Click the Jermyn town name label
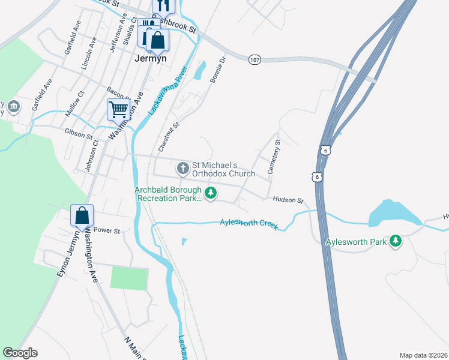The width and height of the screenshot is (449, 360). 149,58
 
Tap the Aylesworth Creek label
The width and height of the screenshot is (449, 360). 249,223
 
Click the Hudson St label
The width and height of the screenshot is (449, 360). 288,200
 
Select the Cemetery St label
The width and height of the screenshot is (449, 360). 274,157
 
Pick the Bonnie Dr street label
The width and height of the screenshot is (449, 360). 217,70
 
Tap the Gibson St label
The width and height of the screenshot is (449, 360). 79,133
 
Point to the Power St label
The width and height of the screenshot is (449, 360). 107,230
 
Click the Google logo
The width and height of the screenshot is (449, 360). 20,353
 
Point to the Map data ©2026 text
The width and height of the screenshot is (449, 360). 423,355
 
